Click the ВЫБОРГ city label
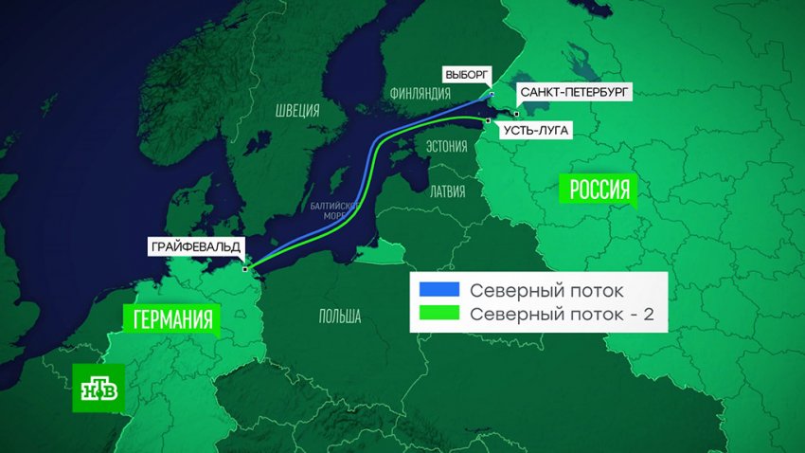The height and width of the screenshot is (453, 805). pyautogui.click(x=466, y=73)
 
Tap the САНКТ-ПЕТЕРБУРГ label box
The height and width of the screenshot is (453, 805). pyautogui.click(x=572, y=92)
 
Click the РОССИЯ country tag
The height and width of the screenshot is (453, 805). pyautogui.click(x=599, y=189)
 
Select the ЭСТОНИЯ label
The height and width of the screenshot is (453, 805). pyautogui.click(x=445, y=146)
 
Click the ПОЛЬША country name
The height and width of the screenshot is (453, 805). pyautogui.click(x=339, y=317)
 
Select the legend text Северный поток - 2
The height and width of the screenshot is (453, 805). pyautogui.click(x=563, y=313)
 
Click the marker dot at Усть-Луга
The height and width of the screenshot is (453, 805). pyautogui.click(x=487, y=121)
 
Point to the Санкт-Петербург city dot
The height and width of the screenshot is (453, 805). pyautogui.click(x=516, y=114)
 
